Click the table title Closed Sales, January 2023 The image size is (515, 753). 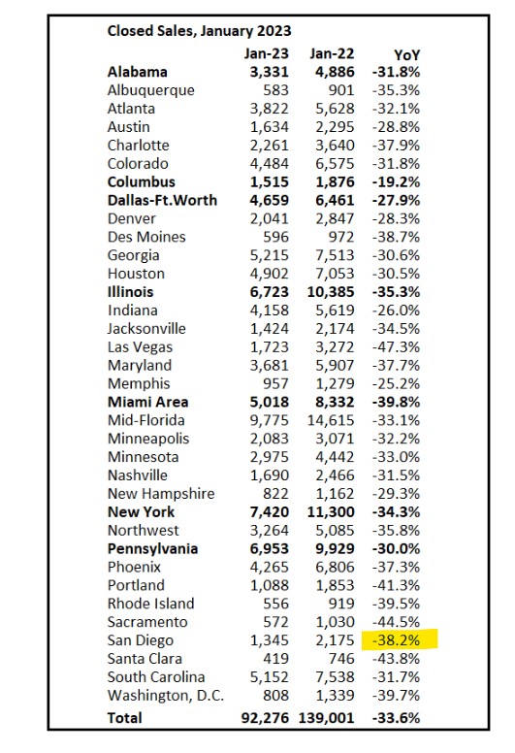coord(199,31)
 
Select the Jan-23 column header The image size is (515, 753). coord(267,53)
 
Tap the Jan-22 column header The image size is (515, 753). coord(332,53)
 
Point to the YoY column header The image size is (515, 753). coord(406,55)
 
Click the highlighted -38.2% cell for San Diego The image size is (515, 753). coord(396,640)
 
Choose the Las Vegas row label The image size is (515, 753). coord(140,347)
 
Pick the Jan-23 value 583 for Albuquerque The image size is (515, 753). coord(276,90)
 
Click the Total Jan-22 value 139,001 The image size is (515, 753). coord(327,718)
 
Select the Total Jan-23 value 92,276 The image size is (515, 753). coord(265,718)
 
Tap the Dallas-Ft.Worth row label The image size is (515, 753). coord(162,200)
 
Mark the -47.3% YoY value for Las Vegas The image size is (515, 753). coord(396,347)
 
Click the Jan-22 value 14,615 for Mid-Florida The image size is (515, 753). coord(331,420)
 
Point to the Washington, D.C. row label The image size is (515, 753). coord(166,696)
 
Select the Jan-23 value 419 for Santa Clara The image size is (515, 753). coord(276,659)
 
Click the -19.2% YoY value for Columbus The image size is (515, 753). coord(396,182)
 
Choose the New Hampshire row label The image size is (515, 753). coord(161,494)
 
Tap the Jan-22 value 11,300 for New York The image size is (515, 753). coord(331,512)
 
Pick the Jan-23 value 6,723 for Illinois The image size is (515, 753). coord(270,292)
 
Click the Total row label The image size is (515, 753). coord(125,718)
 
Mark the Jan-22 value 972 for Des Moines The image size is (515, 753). coord(341,237)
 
